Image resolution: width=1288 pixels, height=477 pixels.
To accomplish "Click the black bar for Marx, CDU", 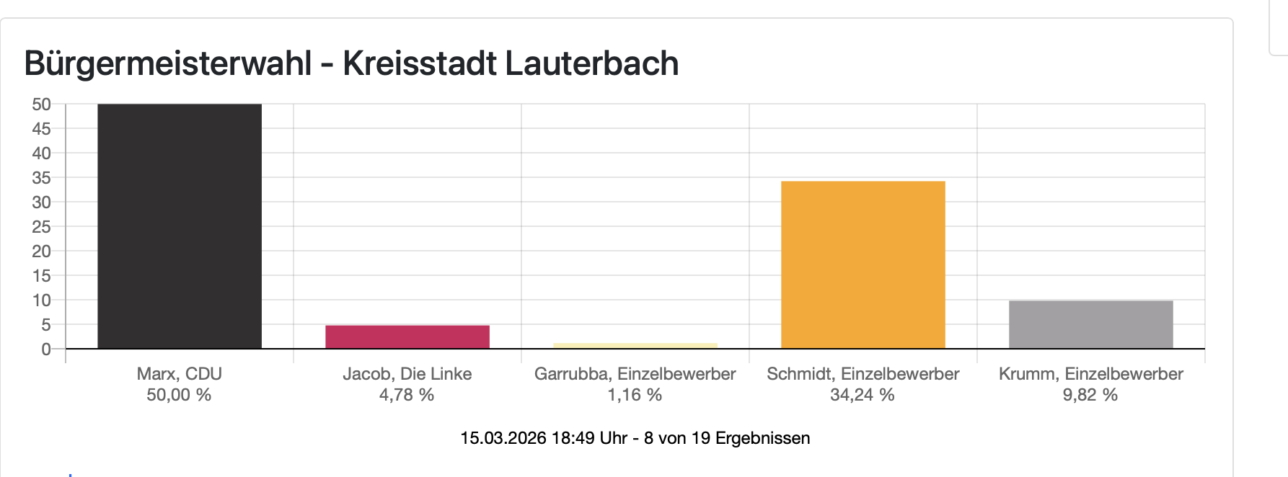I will (x=180, y=226).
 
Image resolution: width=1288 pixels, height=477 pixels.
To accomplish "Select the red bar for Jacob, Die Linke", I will (x=407, y=337).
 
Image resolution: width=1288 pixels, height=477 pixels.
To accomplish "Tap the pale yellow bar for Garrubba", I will (x=635, y=346).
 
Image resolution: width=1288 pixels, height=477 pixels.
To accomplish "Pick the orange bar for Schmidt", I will (x=863, y=265).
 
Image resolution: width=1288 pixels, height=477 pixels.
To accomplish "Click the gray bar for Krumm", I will (x=1091, y=325).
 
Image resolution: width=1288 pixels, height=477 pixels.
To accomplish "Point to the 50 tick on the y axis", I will (x=42, y=104).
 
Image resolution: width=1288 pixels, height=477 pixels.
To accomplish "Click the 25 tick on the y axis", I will (x=42, y=227).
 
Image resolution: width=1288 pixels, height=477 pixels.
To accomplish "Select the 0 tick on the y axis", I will (x=46, y=349).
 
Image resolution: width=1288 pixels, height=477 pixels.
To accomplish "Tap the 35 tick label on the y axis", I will (x=42, y=178).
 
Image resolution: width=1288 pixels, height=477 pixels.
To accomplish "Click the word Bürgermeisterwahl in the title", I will (x=168, y=63).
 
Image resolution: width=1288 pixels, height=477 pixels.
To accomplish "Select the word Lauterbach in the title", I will (x=591, y=63).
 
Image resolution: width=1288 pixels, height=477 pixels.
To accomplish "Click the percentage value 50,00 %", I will (x=179, y=395).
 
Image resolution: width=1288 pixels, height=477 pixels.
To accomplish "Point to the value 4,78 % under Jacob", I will (x=407, y=395).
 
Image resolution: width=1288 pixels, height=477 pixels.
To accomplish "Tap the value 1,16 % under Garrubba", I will (x=635, y=395).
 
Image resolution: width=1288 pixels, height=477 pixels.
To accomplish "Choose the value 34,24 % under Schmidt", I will (x=863, y=395).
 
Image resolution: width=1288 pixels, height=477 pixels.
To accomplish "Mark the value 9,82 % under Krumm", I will (x=1090, y=395).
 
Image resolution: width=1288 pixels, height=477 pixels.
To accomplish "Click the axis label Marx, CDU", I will (x=180, y=374).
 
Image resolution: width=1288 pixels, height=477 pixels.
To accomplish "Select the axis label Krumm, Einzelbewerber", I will (x=1091, y=374).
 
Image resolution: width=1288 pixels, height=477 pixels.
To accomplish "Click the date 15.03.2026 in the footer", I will (x=503, y=438).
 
